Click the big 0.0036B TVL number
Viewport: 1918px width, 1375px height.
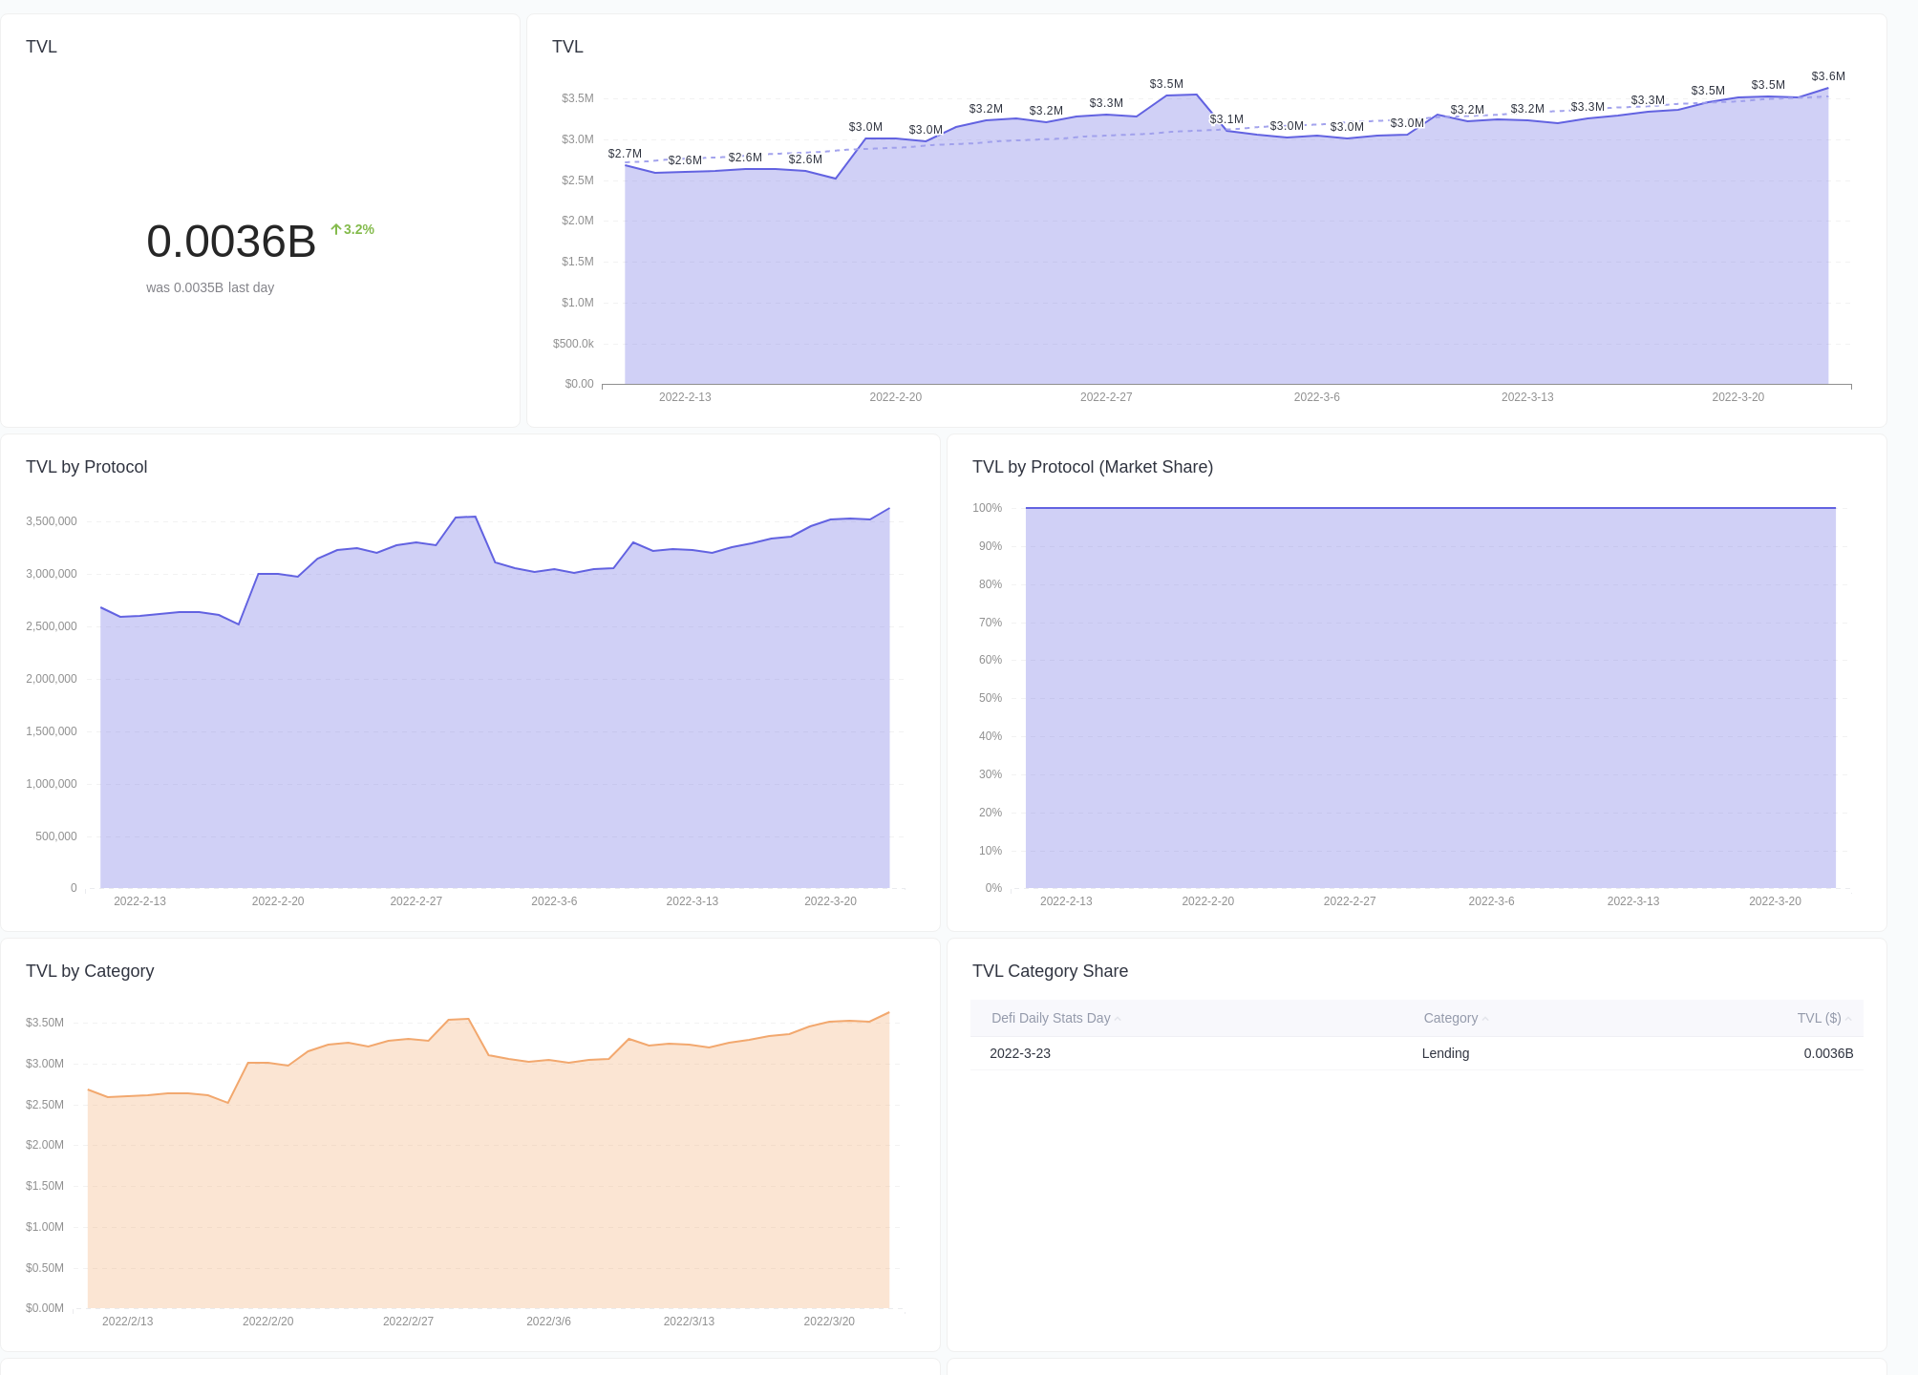pos(231,242)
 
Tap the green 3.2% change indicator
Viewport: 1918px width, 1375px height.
pos(352,229)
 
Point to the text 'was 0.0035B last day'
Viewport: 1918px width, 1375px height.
pos(210,287)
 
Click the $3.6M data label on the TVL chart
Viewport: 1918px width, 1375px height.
pos(1827,76)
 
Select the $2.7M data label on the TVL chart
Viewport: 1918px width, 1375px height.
pos(625,154)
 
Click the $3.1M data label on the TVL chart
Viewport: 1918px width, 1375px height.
pos(1226,119)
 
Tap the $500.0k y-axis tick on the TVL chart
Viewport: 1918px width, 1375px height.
pos(573,344)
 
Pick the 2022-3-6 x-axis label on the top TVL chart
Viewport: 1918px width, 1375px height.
pos(1316,397)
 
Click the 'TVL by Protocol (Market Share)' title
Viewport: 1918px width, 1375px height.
pos(1092,467)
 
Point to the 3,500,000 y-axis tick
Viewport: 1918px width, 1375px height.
pos(52,521)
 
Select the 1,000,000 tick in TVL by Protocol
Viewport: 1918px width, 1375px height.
pos(52,784)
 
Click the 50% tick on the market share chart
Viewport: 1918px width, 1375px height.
pos(990,698)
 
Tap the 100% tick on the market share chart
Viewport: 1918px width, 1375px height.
pos(987,508)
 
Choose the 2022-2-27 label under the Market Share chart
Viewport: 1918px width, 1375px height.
pos(1349,901)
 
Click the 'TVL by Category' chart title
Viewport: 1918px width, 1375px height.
pos(90,971)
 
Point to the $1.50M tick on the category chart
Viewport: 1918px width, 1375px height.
pos(45,1186)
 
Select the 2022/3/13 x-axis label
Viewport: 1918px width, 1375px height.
pos(689,1322)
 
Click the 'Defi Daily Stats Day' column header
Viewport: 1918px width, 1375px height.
pos(1051,1018)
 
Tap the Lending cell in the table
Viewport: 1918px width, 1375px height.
pos(1445,1053)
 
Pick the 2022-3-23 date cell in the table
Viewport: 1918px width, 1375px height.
pos(1020,1053)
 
